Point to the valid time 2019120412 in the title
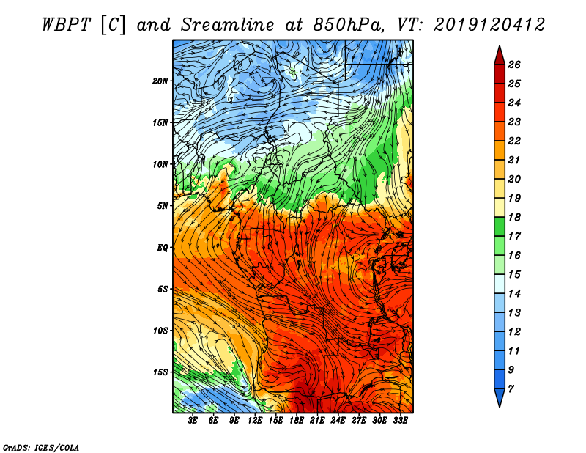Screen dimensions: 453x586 pos(489,24)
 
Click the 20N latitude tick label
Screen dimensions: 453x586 pos(160,81)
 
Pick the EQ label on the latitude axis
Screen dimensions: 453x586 pos(163,247)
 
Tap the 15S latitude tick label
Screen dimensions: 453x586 pos(160,372)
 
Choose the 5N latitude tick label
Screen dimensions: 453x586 pos(163,205)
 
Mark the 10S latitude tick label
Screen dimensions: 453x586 pos(160,331)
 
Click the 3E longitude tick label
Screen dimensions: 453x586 pos(193,420)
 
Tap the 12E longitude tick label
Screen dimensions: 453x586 pos(256,420)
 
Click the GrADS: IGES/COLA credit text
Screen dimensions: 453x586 pos(41,446)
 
